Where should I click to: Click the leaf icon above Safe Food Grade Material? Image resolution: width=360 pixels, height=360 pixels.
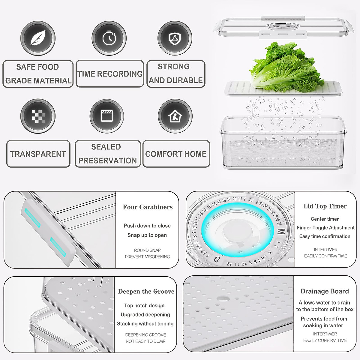(x=38, y=38)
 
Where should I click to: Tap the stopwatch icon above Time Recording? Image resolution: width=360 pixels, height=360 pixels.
(x=109, y=38)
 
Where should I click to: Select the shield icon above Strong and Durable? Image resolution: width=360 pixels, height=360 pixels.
(x=175, y=38)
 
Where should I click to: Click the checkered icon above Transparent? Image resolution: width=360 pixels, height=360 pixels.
(x=38, y=116)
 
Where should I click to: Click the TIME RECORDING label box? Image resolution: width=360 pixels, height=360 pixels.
(x=110, y=74)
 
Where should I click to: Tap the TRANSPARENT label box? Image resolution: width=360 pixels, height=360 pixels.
(x=38, y=154)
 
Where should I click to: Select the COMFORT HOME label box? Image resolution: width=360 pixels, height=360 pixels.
(x=176, y=154)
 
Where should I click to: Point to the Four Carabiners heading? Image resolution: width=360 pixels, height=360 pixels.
(x=148, y=207)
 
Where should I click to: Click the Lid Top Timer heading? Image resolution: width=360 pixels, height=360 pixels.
(x=325, y=206)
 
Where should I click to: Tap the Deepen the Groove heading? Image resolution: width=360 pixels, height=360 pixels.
(x=146, y=291)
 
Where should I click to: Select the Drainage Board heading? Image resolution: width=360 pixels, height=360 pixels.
(x=325, y=291)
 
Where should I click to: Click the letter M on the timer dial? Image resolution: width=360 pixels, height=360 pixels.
(x=281, y=232)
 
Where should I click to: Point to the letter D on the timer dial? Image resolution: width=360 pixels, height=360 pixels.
(x=217, y=259)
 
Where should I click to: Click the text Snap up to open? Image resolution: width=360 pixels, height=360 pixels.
(x=147, y=235)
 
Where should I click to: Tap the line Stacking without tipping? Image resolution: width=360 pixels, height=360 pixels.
(x=145, y=323)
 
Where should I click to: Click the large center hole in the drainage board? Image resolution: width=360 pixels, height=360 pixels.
(x=222, y=299)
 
